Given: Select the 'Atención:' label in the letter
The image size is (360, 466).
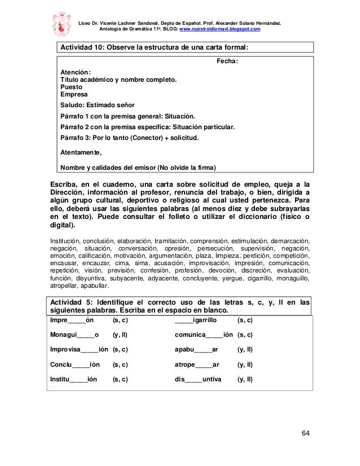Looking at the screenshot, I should pos(75,72).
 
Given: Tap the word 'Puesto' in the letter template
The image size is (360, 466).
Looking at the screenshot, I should pos(71,87).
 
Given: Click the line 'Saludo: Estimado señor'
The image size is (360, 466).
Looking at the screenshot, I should pos(98,105).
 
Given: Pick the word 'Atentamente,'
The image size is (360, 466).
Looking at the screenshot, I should pos(82,152).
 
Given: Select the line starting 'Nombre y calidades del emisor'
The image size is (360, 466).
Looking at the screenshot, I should pos(138,166).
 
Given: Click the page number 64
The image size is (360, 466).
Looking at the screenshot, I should pos(305,433).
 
